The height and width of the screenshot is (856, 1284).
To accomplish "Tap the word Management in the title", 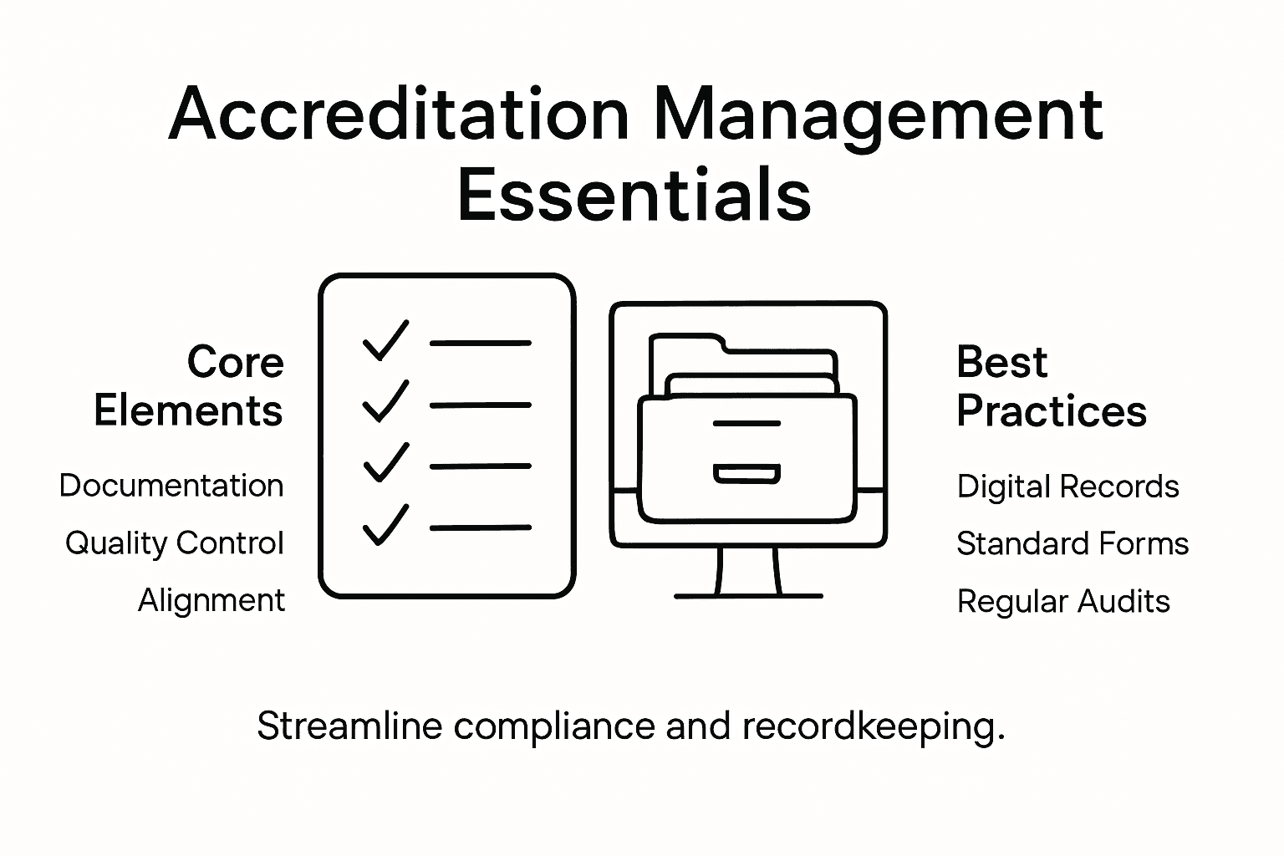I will [878, 115].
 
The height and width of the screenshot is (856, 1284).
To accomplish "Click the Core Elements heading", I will [189, 386].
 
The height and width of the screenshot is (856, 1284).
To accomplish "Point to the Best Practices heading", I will [1051, 386].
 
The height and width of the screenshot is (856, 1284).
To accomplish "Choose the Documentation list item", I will [171, 486].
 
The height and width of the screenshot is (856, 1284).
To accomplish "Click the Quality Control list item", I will [175, 543].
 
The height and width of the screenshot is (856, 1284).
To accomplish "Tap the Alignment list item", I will [211, 600].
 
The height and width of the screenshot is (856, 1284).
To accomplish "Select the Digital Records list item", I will [1067, 487].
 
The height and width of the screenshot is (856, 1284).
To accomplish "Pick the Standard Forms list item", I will [1073, 544].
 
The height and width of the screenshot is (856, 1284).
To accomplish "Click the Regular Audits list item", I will [1063, 601].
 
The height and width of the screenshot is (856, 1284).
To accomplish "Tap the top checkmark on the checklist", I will [385, 340].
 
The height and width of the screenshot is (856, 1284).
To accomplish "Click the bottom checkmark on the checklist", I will [385, 525].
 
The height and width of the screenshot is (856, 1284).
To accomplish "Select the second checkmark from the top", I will [385, 401].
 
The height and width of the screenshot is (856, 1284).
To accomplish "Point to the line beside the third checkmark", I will [480, 466].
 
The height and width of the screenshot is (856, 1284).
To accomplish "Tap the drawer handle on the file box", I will [746, 475].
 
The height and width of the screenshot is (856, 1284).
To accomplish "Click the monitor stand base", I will [748, 596].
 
